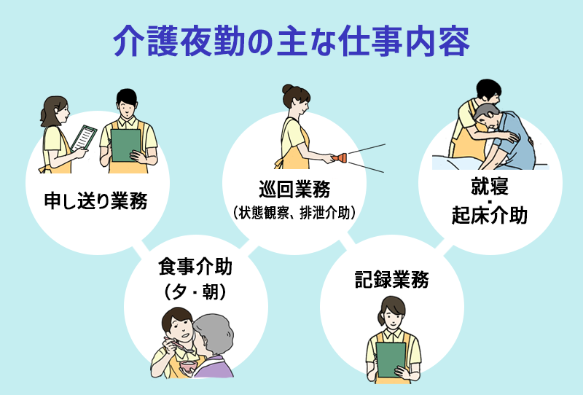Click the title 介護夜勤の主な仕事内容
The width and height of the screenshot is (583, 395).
(291, 42)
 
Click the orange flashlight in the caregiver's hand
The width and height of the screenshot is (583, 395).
(340, 157)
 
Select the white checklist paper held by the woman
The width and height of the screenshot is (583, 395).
(87, 137)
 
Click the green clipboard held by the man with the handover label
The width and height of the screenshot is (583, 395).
(125, 144)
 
